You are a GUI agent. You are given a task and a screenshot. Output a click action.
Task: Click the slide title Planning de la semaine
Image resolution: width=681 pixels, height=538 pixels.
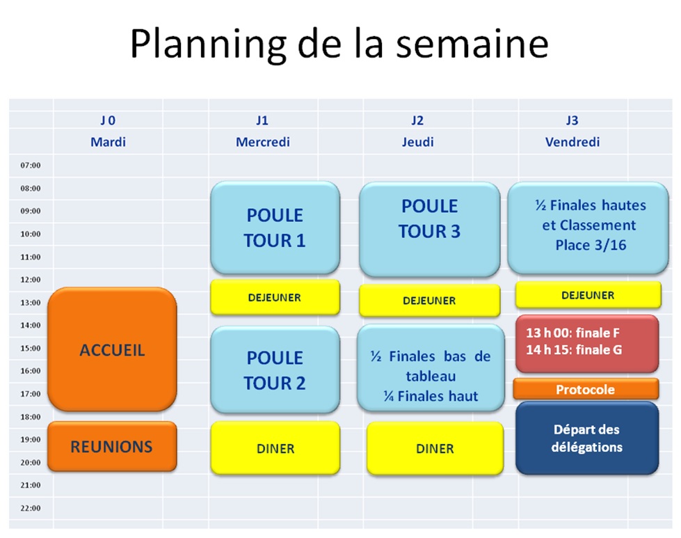[339, 45]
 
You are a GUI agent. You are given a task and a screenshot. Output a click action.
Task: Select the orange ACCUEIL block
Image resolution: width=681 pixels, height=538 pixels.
[112, 349]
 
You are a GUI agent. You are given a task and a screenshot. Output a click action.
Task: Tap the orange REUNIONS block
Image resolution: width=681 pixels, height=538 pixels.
[112, 446]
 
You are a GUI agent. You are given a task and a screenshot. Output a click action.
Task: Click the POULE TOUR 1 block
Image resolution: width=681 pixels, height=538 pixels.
[275, 228]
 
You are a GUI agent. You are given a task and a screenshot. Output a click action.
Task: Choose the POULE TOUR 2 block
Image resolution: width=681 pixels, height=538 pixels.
[275, 370]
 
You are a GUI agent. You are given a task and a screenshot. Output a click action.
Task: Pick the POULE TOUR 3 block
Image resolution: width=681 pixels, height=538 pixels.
[429, 229]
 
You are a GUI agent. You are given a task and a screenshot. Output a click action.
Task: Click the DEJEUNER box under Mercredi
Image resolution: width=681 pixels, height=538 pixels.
[275, 297]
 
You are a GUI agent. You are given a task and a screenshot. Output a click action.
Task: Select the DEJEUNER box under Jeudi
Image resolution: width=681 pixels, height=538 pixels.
[429, 300]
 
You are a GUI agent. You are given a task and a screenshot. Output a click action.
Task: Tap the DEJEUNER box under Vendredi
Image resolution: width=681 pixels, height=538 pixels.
[588, 295]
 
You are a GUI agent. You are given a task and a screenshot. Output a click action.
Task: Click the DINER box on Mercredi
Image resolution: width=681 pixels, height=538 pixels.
[275, 448]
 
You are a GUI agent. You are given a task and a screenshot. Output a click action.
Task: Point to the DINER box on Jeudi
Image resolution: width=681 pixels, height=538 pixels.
[435, 448]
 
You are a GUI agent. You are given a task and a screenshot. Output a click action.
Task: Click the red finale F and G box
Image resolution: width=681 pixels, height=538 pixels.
[587, 344]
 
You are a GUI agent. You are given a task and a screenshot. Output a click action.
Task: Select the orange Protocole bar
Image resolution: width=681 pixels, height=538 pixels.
[586, 389]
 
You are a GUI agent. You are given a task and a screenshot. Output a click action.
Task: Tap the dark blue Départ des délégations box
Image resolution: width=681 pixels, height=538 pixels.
[587, 438]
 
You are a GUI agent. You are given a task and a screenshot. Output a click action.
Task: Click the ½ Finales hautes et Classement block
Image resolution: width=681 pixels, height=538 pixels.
[588, 228]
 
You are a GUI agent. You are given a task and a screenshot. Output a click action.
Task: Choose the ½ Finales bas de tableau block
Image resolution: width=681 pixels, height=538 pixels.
[431, 368]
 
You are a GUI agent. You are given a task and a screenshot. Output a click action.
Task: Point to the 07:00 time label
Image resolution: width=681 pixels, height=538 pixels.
[31, 165]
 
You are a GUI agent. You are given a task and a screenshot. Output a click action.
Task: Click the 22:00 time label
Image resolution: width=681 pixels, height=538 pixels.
[31, 508]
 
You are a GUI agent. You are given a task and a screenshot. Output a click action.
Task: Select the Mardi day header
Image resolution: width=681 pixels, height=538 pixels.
[108, 142]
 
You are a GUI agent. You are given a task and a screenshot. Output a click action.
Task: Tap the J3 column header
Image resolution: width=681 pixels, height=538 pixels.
[572, 120]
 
